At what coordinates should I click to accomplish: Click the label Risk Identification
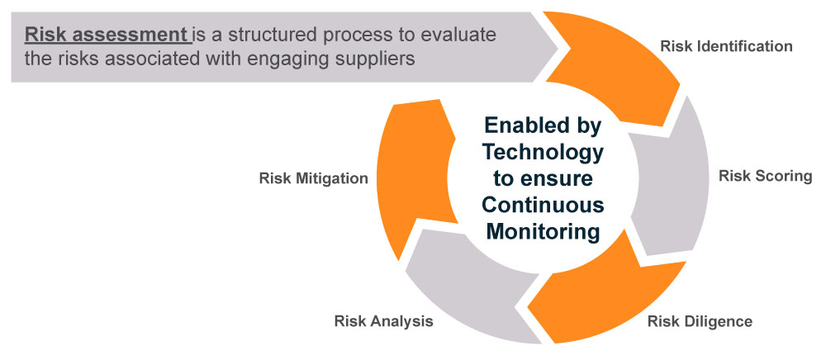726,45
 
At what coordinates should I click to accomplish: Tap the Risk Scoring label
765,176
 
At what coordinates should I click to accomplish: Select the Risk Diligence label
700,321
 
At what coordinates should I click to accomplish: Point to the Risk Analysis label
383,321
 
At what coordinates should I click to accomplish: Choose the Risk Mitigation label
313,178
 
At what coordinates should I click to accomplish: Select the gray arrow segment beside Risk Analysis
463,281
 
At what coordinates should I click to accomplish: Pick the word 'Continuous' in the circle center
544,205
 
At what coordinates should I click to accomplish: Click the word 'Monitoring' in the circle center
543,231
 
